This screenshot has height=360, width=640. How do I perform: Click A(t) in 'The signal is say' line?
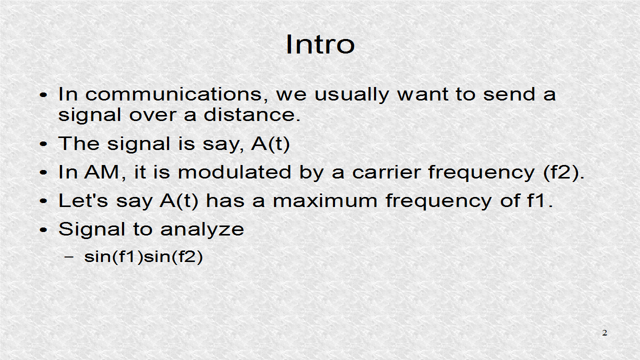(270, 144)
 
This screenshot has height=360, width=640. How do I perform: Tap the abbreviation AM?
(102, 172)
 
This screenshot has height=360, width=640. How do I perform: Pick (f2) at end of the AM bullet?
(563, 173)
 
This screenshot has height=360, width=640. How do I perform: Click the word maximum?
(325, 201)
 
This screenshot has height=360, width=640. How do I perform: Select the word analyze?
(202, 230)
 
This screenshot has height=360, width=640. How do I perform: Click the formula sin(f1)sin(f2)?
(143, 257)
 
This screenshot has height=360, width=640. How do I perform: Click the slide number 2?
(604, 333)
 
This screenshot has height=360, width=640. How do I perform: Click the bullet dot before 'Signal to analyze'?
(44, 230)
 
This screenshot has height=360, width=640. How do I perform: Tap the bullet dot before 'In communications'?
(44, 95)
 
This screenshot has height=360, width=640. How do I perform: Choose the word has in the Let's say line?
(221, 201)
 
